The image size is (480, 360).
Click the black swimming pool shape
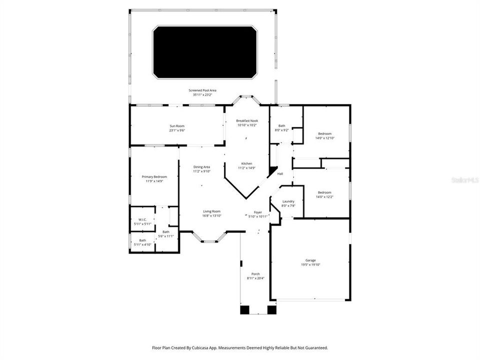point(205,52)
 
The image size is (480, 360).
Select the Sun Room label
point(177,127)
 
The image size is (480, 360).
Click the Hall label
point(280,173)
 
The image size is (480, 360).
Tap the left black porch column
point(244,310)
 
